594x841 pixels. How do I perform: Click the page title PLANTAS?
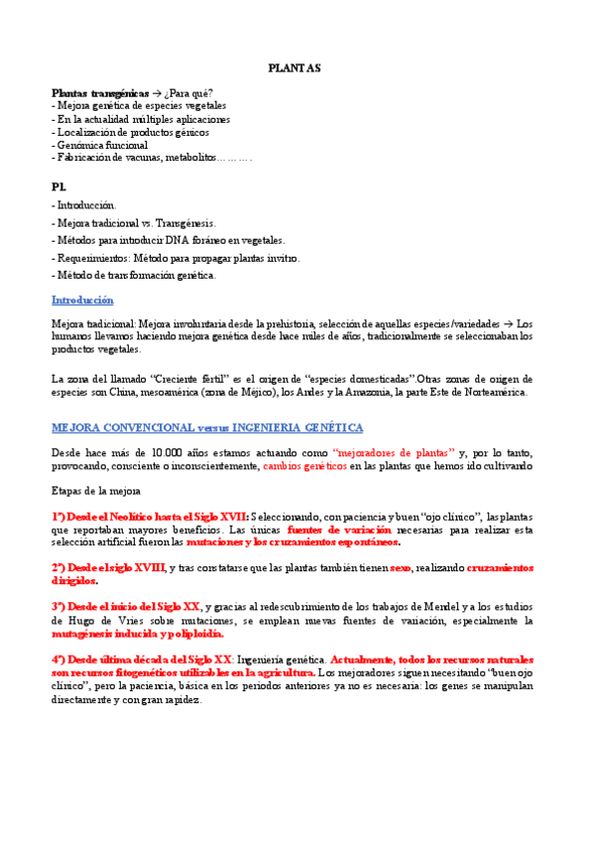click(x=295, y=68)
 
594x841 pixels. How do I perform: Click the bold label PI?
click(x=59, y=186)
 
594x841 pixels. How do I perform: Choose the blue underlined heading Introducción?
click(x=82, y=300)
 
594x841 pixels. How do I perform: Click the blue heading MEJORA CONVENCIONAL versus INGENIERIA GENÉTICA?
click(x=207, y=427)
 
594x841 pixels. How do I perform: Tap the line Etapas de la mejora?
click(x=96, y=491)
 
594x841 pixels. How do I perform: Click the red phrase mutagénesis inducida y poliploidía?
click(x=138, y=634)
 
